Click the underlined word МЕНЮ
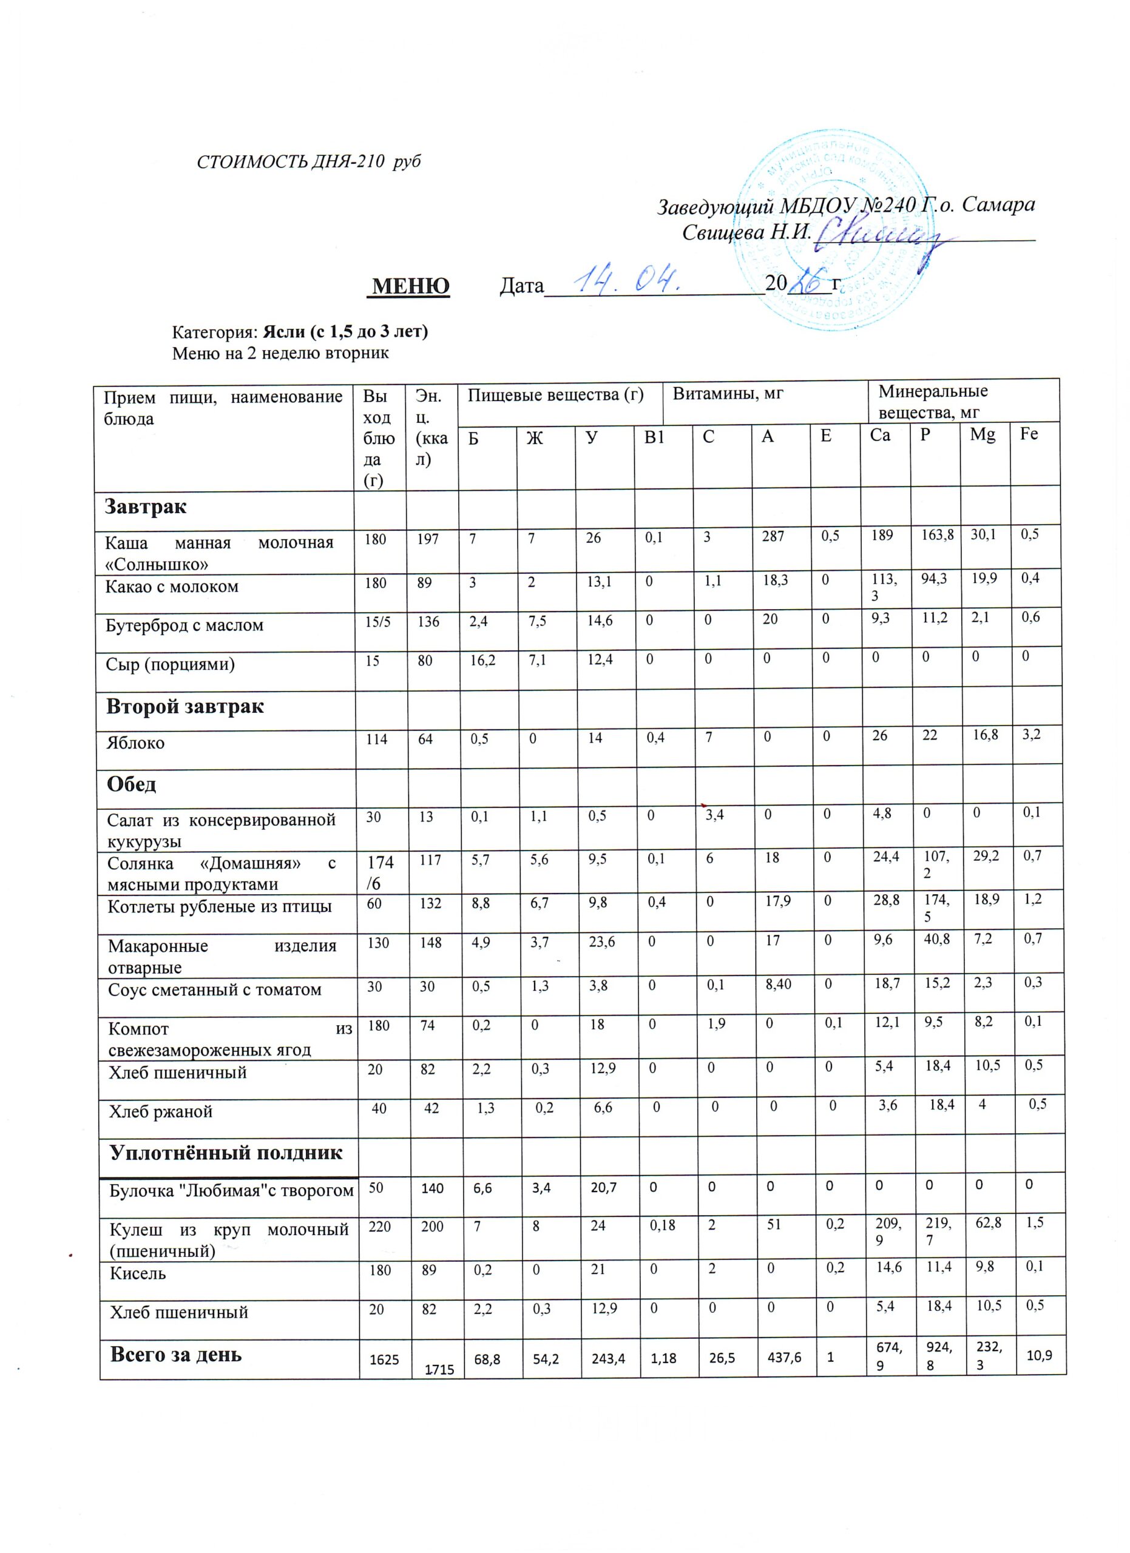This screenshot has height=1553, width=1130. [x=410, y=286]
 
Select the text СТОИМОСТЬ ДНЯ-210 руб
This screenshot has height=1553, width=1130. [x=308, y=163]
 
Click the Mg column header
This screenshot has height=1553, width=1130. [x=983, y=436]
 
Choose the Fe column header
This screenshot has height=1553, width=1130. [x=1029, y=435]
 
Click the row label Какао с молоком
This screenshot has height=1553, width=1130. [x=172, y=587]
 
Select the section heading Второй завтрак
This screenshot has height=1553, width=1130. [x=185, y=707]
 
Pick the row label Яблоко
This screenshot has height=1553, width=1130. [x=135, y=743]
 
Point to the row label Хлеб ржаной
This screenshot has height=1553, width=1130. [x=161, y=1111]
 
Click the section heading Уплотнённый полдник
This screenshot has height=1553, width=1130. [x=226, y=1153]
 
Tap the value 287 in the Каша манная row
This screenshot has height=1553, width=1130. [x=773, y=537]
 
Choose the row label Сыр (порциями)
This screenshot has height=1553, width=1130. [x=171, y=664]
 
